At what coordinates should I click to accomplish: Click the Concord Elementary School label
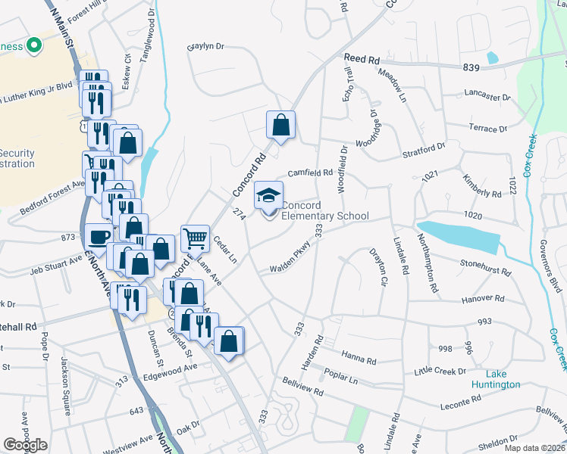324,211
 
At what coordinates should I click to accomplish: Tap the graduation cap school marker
268,197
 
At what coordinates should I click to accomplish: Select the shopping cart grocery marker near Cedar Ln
195,239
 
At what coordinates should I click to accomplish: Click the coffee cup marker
98,238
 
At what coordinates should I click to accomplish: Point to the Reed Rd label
362,59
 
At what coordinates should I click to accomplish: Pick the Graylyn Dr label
206,46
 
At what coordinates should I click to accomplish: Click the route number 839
471,67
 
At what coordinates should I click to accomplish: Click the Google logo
26,444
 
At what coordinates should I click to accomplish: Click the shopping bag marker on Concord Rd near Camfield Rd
280,127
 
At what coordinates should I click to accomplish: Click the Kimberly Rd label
482,186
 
